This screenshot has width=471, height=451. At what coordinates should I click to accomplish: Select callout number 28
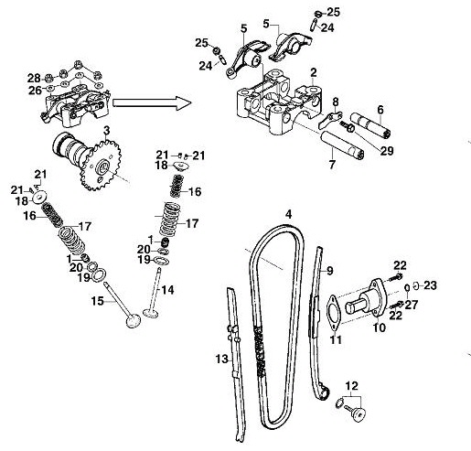click(34, 77)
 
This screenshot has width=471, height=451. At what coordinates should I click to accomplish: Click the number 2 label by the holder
click(314, 71)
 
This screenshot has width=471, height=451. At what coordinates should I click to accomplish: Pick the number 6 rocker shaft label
click(380, 110)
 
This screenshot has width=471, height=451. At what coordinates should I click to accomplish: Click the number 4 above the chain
click(288, 214)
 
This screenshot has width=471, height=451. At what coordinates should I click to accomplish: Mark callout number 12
click(352, 385)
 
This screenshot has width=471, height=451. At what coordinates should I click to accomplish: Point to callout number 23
click(430, 285)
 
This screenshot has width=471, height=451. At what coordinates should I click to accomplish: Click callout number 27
click(412, 304)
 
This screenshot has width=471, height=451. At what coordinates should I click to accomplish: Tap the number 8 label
click(336, 102)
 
